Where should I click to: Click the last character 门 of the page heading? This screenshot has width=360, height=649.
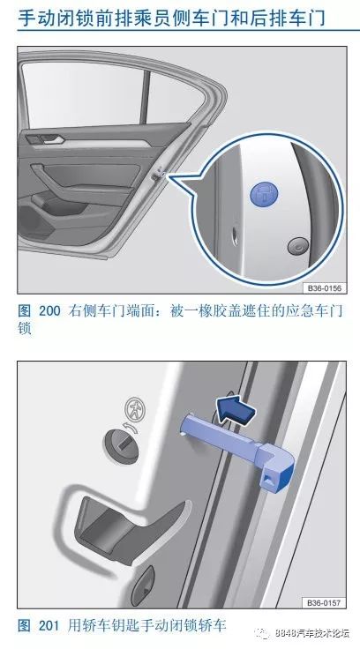pyautogui.click(x=332, y=17)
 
